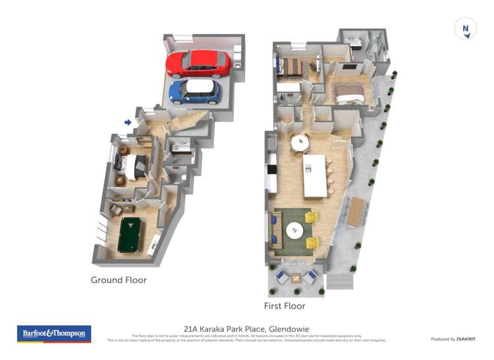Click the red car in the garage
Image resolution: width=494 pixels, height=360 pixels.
coord(198,64)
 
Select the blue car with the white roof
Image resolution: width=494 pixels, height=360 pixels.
coord(194,91)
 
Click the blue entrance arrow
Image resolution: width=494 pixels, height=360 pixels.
coord(128,122)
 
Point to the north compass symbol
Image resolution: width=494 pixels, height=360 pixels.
coord(466,29)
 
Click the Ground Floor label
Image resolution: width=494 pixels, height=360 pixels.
coord(119,280)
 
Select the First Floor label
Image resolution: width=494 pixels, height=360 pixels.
coord(285,306)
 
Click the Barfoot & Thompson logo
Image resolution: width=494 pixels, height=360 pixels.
coord(54,334)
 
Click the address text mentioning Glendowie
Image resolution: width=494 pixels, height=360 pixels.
coord(246,328)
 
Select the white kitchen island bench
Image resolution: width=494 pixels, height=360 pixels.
coord(315,176)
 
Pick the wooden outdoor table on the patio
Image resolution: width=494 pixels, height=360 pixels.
coord(356,211)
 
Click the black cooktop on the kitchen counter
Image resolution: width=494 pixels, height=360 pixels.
coord(271,169)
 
